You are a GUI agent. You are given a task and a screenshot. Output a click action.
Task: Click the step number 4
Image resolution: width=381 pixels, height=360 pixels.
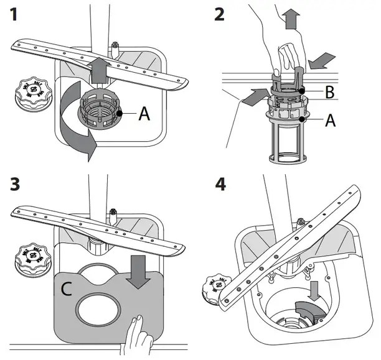pos(219,185)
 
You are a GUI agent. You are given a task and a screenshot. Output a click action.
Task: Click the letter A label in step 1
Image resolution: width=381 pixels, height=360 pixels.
pos(144,114)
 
